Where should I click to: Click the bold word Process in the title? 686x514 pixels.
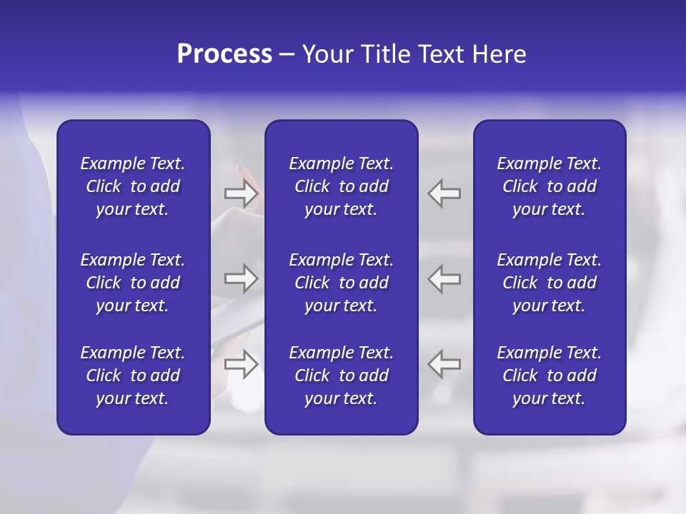pos(224,54)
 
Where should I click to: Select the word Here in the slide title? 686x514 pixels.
pos(498,54)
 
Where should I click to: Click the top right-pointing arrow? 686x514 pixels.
pos(242,193)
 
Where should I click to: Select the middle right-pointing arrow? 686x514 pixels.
pos(242,278)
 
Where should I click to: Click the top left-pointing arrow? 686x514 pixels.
pos(444,193)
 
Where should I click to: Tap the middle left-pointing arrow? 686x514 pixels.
pos(444,278)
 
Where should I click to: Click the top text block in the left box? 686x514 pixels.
pos(133,186)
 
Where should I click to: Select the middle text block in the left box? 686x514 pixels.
pos(133,283)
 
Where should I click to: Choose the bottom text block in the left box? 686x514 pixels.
pos(133,376)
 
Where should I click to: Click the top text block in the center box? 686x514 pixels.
pos(341,186)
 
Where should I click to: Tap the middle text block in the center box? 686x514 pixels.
pos(341,283)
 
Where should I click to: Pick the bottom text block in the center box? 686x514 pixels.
pos(341,376)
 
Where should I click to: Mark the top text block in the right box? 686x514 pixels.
pos(549,186)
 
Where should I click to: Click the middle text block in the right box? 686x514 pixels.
pos(549,283)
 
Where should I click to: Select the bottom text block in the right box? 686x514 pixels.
pos(549,376)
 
